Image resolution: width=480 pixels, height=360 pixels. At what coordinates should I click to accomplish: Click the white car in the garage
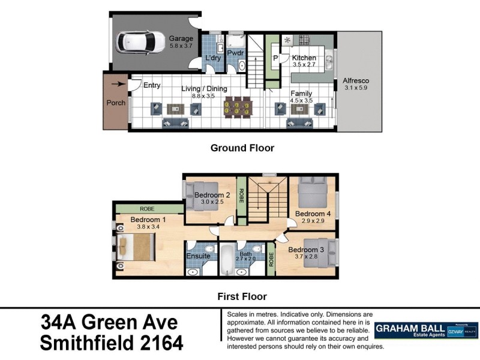(x=142, y=42)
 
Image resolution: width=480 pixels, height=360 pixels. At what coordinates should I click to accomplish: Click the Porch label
(x=116, y=103)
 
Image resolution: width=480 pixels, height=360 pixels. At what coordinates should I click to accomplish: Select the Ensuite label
(x=199, y=256)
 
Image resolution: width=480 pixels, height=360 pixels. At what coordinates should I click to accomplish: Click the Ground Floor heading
(x=242, y=148)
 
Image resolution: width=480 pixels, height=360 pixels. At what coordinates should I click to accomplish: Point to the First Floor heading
(x=242, y=296)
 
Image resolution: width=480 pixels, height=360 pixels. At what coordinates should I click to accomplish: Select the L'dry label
(x=213, y=58)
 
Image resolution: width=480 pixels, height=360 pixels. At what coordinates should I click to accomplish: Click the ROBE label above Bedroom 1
(x=147, y=209)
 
